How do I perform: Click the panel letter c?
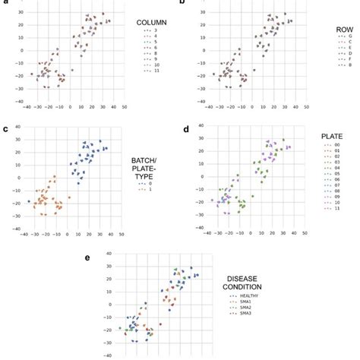6,129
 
